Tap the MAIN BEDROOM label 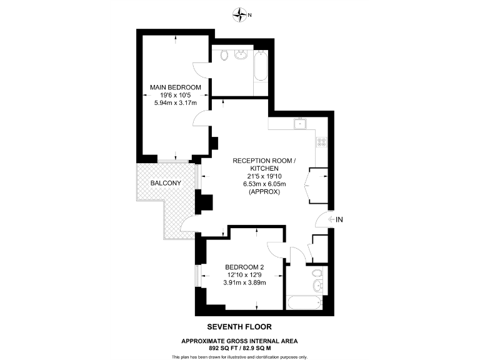coord(175,87)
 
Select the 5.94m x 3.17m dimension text coord(175,103)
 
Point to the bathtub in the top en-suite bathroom coord(261,65)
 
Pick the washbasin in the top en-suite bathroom coord(241,55)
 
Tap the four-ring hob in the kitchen coord(322,142)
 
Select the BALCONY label coord(166,183)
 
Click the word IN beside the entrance coord(340,219)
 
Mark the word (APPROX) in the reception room coord(263,192)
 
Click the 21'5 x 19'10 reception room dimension coord(263,176)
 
